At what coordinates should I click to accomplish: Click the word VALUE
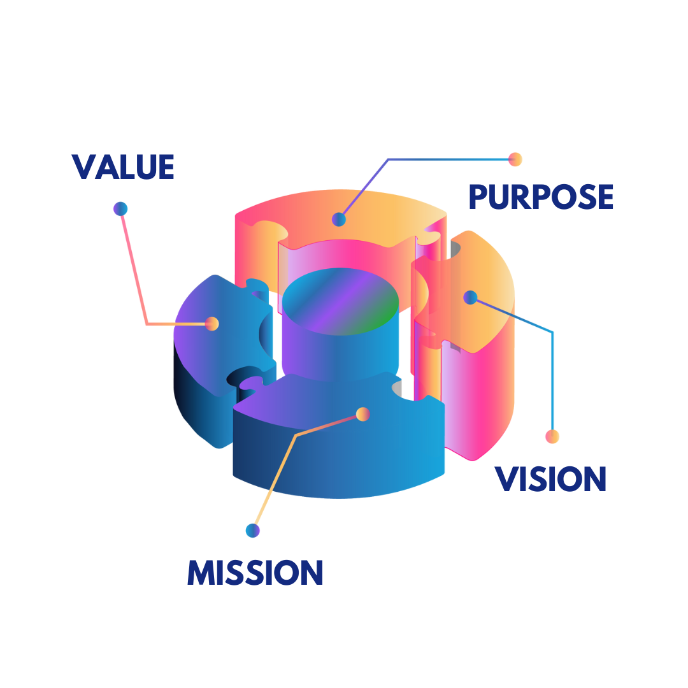tap(123, 167)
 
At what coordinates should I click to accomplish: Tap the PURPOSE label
tap(541, 197)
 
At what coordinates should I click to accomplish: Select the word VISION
tap(550, 479)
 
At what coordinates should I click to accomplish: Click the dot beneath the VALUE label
tap(120, 208)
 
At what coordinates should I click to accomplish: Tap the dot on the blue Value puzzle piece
tap(212, 324)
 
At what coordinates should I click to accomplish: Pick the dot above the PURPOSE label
tap(515, 159)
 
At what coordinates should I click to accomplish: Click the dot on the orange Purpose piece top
tap(339, 220)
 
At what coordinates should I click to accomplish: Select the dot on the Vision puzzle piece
tap(470, 297)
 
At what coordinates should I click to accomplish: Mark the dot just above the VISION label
tap(552, 436)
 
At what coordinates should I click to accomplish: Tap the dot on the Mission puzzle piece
tap(362, 415)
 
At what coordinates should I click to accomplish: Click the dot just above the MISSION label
tap(253, 530)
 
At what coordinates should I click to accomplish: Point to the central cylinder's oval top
tap(340, 300)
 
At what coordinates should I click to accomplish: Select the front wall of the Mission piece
tap(338, 465)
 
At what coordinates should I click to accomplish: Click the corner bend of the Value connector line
tap(147, 324)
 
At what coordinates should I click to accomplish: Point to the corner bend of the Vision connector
tap(552, 332)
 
